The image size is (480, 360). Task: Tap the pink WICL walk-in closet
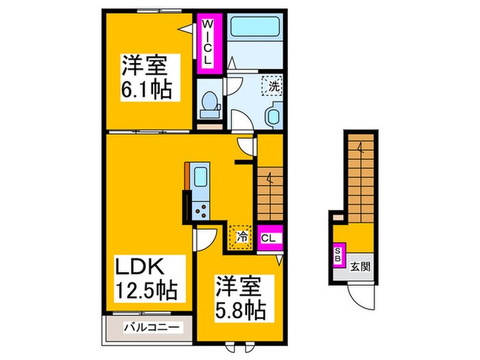[x=208, y=42]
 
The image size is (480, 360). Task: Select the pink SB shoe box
[x=337, y=256]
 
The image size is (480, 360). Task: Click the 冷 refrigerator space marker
[x=241, y=236]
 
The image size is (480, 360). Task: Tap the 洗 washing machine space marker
[x=272, y=87]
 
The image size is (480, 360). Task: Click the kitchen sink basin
[x=200, y=176]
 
